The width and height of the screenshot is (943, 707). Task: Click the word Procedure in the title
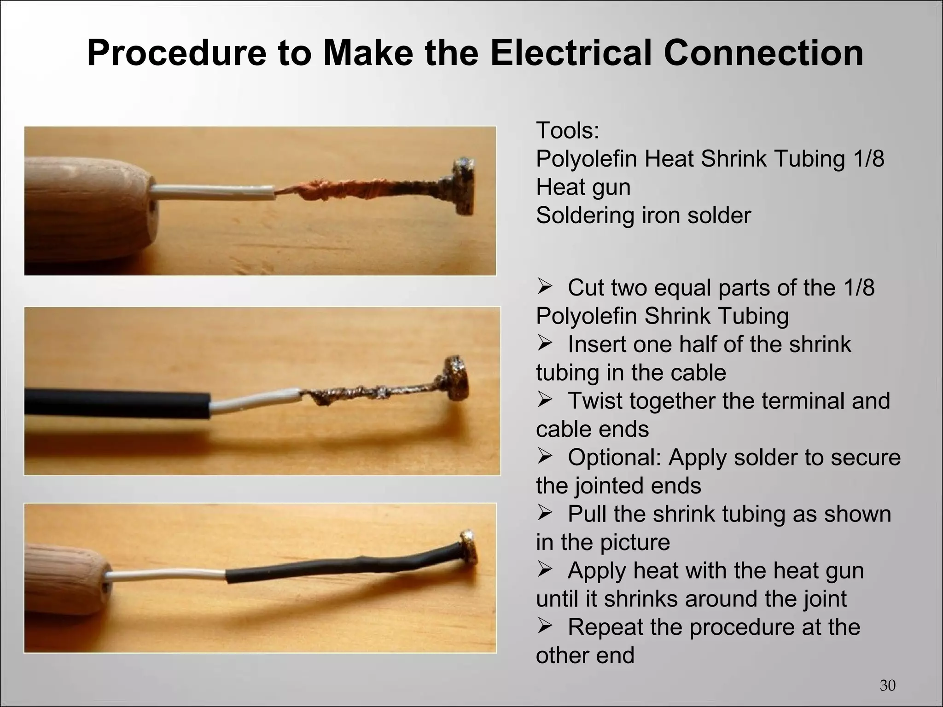[177, 53]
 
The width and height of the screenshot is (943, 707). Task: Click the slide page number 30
[887, 685]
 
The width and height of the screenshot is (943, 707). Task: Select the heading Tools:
[567, 131]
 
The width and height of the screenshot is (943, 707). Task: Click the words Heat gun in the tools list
[583, 187]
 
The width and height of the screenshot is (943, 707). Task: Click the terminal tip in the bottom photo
[469, 547]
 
